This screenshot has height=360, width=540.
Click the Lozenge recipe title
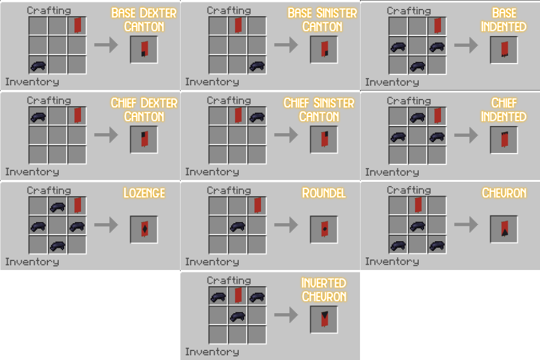pos(144,193)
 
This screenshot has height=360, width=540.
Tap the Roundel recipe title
pos(324,193)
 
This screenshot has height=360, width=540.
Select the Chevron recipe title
pos(504,193)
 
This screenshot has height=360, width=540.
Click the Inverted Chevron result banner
pos(325,319)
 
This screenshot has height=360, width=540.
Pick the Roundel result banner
pos(325,229)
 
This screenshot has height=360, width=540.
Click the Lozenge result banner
pos(145,229)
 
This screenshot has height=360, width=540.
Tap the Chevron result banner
pos(505,229)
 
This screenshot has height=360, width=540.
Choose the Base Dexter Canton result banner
pos(145,49)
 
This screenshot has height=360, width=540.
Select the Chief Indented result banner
pos(505,139)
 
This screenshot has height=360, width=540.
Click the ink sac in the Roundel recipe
pos(238,226)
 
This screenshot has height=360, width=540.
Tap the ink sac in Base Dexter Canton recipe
pos(38,65)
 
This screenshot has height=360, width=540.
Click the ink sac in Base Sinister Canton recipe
pos(257,65)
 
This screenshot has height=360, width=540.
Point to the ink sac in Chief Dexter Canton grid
pos(38,117)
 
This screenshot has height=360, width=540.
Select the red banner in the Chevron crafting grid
pos(418,205)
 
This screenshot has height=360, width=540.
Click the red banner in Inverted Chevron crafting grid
pos(238,295)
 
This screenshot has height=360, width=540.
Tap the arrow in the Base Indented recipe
pos(466,45)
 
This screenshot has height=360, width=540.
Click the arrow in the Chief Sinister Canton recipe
pos(286,134)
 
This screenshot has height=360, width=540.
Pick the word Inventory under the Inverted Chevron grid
pos(212,352)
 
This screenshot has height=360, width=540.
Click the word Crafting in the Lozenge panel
pos(49,190)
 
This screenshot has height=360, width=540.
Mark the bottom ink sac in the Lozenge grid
pos(58,246)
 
